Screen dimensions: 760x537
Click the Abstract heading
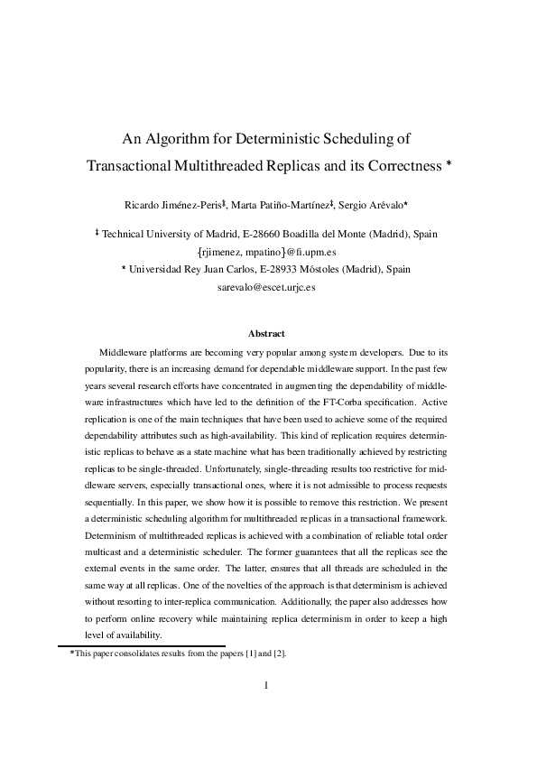pyautogui.click(x=267, y=333)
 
